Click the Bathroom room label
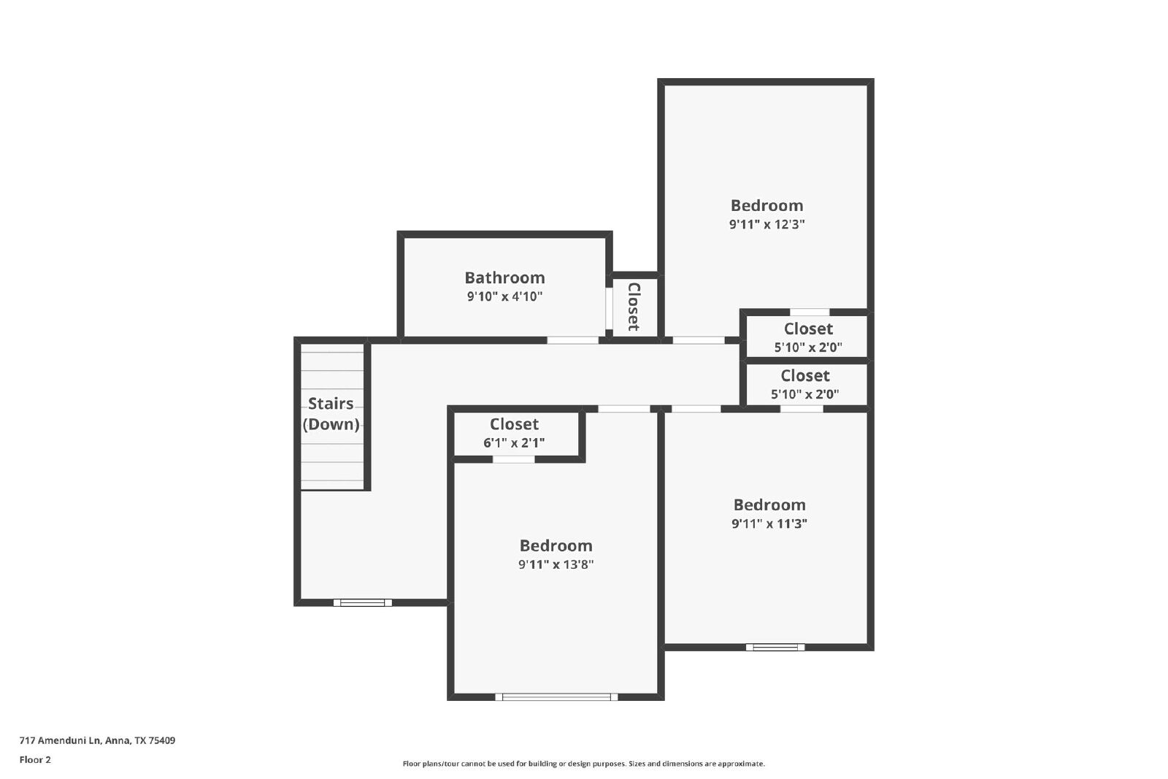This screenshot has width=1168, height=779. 504,277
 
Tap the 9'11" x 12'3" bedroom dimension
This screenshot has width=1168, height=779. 766,224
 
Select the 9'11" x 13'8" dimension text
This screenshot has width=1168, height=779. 556,564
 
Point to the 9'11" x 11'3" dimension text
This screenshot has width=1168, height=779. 769,523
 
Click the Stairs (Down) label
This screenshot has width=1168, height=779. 331,413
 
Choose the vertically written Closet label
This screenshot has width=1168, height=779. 634,307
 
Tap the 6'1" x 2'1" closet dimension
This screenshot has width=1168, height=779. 514,442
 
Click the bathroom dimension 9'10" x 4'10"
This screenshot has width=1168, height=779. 504,296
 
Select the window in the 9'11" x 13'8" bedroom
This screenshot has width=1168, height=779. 556,697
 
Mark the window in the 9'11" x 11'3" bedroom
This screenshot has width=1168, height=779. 775,647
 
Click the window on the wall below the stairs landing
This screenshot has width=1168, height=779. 362,603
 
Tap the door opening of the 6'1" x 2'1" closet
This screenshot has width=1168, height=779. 514,459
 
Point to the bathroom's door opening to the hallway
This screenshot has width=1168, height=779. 572,340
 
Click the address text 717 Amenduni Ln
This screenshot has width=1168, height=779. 59,740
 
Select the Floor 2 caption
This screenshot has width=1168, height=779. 35,760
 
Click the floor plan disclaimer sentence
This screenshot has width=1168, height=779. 583,764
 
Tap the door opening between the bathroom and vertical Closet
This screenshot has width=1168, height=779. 609,308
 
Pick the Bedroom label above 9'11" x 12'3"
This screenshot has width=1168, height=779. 766,205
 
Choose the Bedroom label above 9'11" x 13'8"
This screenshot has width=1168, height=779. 556,545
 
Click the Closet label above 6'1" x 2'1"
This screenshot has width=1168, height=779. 514,424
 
